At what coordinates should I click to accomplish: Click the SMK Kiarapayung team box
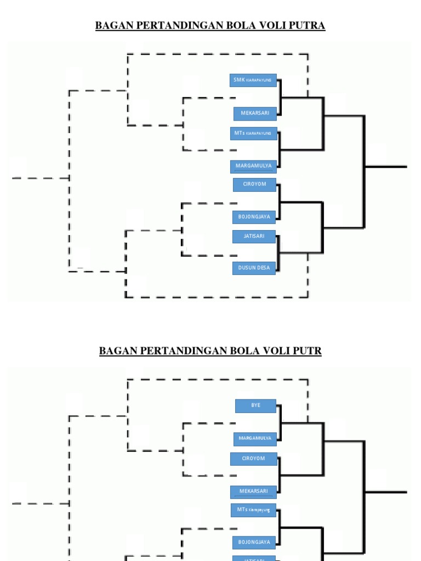tap(253, 80)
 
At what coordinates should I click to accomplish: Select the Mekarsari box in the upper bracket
tap(255, 113)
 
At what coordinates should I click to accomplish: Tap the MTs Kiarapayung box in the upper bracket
tap(253, 133)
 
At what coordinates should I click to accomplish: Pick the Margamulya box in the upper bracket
tap(253, 166)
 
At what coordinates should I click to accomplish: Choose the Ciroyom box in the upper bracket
tap(254, 184)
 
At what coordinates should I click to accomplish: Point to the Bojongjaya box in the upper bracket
tap(254, 217)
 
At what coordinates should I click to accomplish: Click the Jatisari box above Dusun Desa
tap(254, 236)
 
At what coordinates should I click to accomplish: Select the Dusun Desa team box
tap(254, 268)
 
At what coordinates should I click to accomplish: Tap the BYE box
tap(255, 405)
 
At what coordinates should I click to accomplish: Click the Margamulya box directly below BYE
tap(255, 438)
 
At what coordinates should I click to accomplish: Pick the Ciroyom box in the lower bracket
tap(253, 459)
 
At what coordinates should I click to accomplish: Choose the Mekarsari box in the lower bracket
tap(253, 491)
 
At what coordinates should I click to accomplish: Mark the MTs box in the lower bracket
tap(253, 510)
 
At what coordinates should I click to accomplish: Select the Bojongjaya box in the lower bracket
tap(254, 542)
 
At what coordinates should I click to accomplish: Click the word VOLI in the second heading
tap(270, 351)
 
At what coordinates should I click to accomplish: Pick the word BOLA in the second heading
tap(241, 351)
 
